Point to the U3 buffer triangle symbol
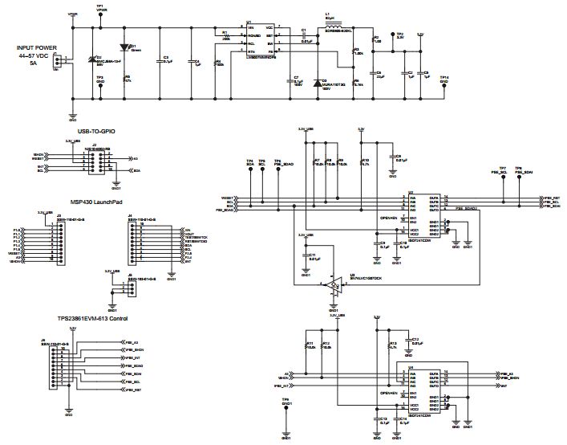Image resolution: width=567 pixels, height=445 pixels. point(333,284)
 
